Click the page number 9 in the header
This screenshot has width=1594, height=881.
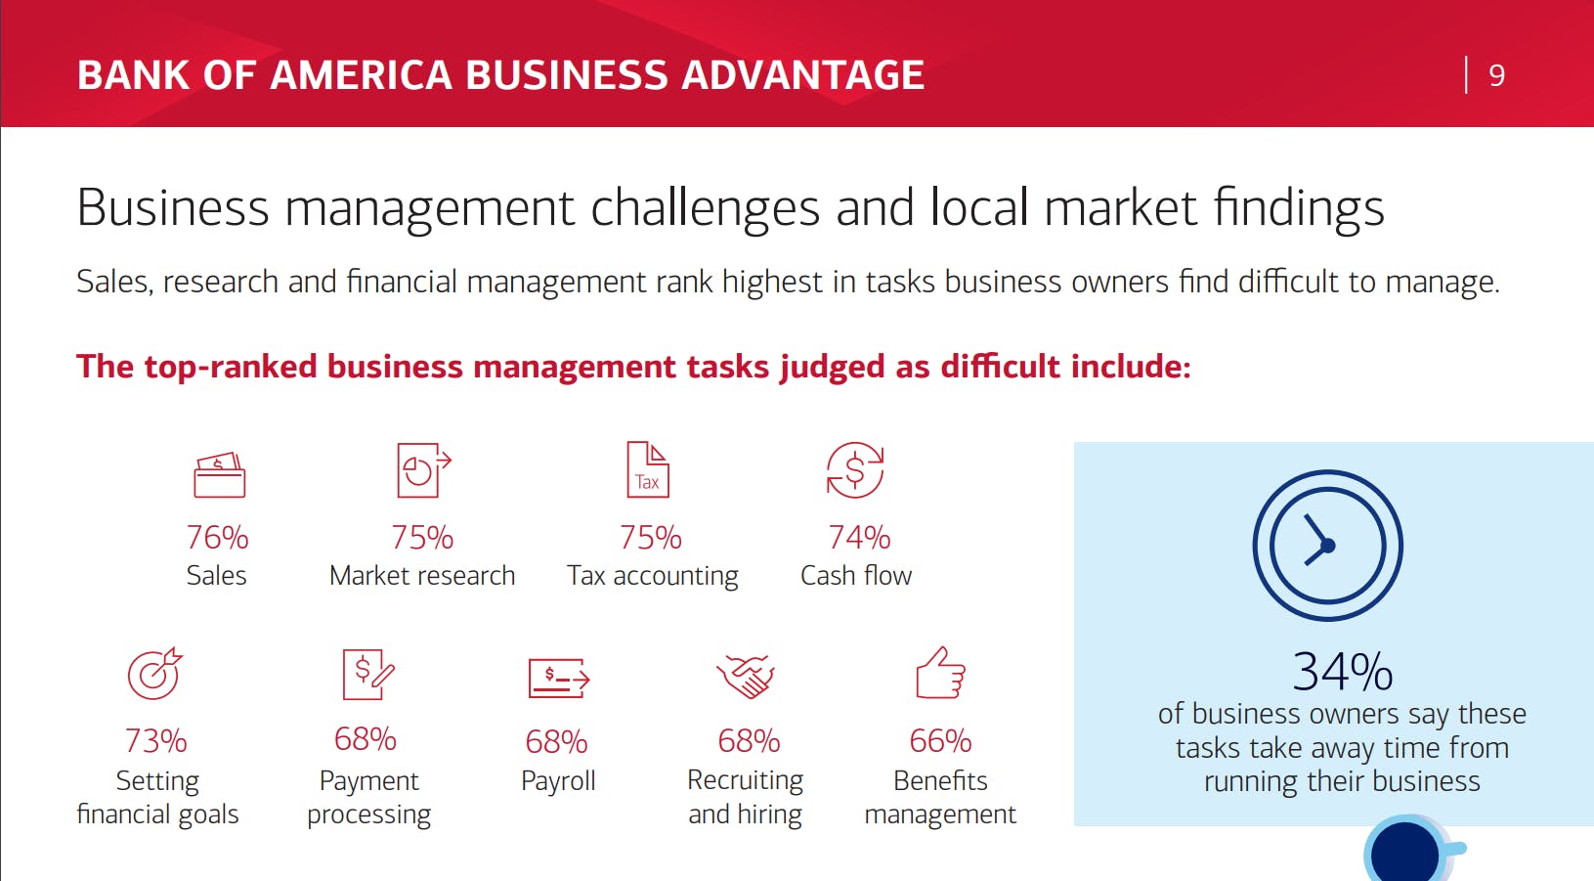coord(1496,75)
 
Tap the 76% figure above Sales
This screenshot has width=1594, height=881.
coord(217,538)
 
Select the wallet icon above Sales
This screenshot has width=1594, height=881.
coord(219,474)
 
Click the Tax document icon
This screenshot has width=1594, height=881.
coord(648,469)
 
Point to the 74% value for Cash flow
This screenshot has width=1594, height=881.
coord(859,538)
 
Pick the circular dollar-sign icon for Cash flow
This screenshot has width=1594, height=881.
coord(854,470)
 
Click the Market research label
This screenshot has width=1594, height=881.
coord(422,576)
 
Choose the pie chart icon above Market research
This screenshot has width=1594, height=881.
coord(424,470)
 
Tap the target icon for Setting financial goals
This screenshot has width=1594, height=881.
coord(154,674)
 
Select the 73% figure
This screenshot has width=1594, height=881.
coord(155,741)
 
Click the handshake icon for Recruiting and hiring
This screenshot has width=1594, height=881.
coord(745,676)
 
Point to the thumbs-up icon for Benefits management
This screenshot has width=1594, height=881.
coord(940,673)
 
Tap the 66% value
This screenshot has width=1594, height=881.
coord(940,741)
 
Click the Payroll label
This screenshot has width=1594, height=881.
coord(558,780)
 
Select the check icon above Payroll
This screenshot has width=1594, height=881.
coord(559,678)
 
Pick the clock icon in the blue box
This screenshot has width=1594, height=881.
coord(1328,546)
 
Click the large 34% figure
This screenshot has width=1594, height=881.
coord(1342,672)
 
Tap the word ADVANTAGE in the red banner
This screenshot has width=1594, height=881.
coord(802,75)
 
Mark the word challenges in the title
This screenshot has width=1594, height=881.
coord(705,208)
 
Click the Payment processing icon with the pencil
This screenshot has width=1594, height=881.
coord(367,674)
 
